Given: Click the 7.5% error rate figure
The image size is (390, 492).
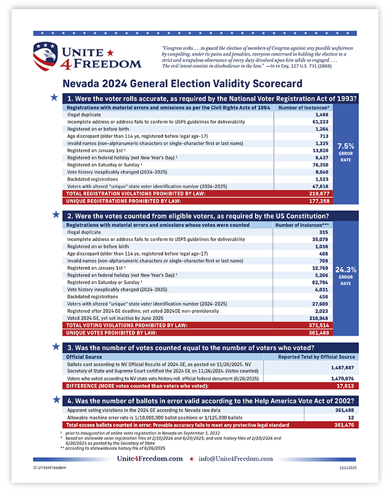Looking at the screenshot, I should (345, 146).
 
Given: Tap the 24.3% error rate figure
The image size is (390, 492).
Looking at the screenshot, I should (345, 268).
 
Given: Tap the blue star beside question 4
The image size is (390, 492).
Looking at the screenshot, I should (55, 400).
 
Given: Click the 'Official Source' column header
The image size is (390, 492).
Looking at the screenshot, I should (84, 356).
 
